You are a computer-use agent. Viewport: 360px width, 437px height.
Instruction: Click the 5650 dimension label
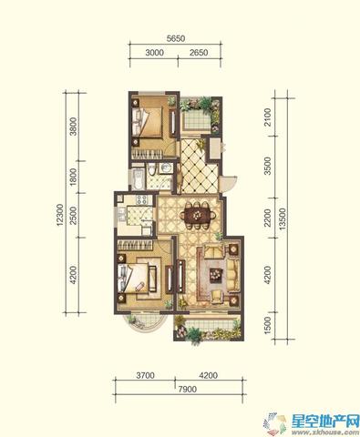pos(176,38)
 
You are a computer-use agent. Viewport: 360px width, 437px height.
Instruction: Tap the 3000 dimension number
pos(155,53)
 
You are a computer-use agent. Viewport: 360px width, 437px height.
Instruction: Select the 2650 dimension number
pos(199,53)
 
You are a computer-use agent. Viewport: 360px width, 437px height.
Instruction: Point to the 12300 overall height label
pos(60,215)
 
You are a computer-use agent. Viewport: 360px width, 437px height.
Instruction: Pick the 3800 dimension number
pos(74,127)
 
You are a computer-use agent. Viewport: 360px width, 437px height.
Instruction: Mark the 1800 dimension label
pos(74,178)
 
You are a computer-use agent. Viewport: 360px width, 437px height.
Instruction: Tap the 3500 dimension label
pos(267,166)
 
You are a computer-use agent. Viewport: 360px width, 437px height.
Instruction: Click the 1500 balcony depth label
pos(267,325)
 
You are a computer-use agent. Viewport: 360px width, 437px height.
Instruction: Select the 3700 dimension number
pos(145,375)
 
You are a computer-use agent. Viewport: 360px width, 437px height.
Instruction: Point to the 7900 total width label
pos(188,389)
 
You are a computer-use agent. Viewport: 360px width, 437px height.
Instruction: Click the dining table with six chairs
pos(198,216)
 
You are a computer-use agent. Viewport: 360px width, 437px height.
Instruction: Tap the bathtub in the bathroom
pos(139,179)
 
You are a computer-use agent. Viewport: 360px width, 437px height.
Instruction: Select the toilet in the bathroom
pos(150,169)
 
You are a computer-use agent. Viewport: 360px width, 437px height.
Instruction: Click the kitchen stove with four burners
pos(141,199)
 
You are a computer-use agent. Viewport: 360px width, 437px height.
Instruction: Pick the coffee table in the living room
pos(215,275)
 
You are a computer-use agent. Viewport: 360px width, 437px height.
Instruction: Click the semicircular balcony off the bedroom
pos(145,323)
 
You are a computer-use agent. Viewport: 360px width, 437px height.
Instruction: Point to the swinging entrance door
pos(227,184)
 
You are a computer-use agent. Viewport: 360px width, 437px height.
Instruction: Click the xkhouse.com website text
pos(325,432)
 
